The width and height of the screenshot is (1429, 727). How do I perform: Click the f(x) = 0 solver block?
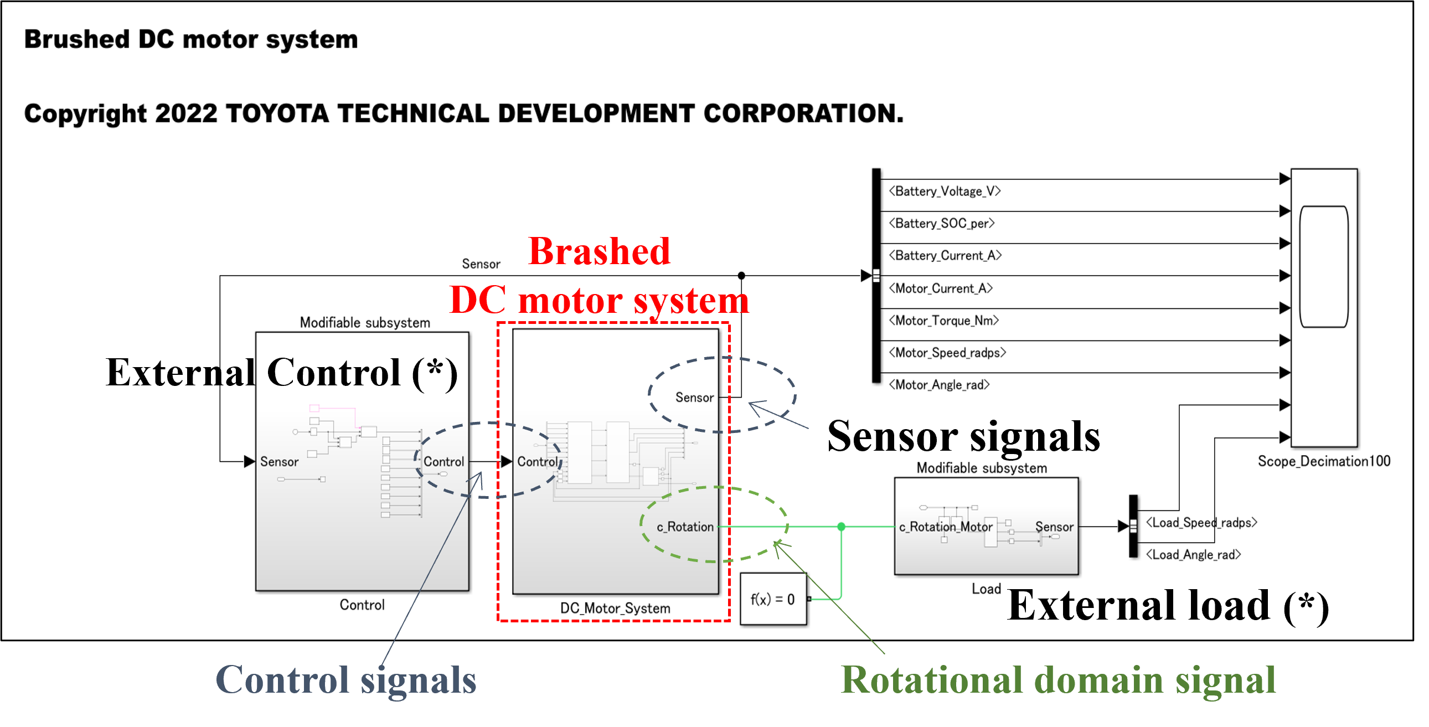pyautogui.click(x=773, y=599)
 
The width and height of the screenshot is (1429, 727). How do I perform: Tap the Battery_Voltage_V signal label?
pyautogui.click(x=944, y=192)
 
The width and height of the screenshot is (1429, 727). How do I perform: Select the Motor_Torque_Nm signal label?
pyautogui.click(x=943, y=321)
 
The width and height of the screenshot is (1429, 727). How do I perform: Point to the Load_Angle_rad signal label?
pyautogui.click(x=1193, y=554)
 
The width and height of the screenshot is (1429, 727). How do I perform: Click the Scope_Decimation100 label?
pyautogui.click(x=1324, y=461)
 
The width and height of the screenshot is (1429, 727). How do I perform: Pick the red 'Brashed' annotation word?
pyautogui.click(x=599, y=251)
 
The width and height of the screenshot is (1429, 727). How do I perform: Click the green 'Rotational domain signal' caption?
pyautogui.click(x=1058, y=680)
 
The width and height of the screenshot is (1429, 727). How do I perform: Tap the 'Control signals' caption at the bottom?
pyautogui.click(x=345, y=680)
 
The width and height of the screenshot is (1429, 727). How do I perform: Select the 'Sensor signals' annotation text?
pyautogui.click(x=963, y=436)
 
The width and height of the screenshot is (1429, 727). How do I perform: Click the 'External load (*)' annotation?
pyautogui.click(x=1167, y=605)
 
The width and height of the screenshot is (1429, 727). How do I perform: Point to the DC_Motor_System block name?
pyautogui.click(x=615, y=609)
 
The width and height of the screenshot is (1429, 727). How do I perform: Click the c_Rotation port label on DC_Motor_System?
pyautogui.click(x=684, y=527)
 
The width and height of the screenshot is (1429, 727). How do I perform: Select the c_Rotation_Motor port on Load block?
pyautogui.click(x=945, y=527)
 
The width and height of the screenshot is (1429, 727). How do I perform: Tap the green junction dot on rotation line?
pyautogui.click(x=842, y=526)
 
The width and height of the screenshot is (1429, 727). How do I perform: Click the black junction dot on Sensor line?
pyautogui.click(x=741, y=275)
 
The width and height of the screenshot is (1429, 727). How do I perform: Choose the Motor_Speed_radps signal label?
pyautogui.click(x=947, y=353)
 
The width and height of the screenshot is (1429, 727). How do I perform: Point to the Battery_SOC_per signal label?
pyautogui.click(x=941, y=224)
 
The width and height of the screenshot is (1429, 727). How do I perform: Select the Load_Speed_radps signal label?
pyautogui.click(x=1201, y=523)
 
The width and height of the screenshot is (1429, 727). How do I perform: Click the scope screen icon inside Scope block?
pyautogui.click(x=1324, y=267)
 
